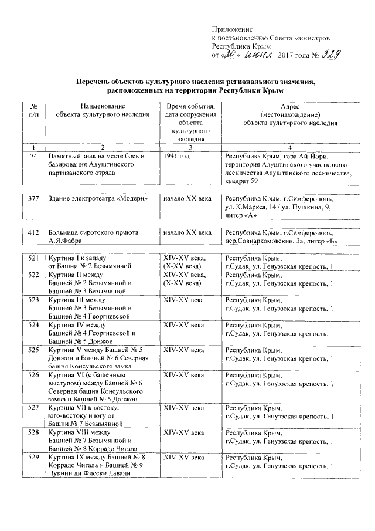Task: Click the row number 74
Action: pyautogui.click(x=33, y=157)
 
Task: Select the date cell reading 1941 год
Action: pyautogui.click(x=177, y=157)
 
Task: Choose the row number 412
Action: pyautogui.click(x=33, y=233)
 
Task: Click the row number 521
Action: pyautogui.click(x=33, y=259)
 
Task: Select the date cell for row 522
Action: pyautogui.click(x=185, y=279)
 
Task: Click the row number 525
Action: pyautogui.click(x=33, y=350)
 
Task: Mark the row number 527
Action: pyautogui.click(x=33, y=408)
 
